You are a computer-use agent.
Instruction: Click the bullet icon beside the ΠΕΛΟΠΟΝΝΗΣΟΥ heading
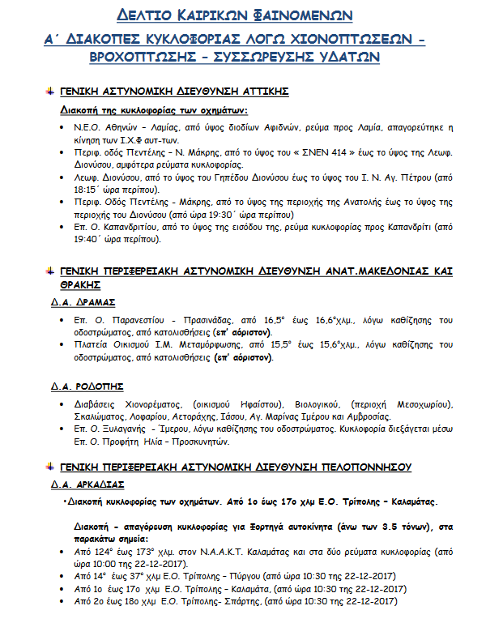click(49, 467)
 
